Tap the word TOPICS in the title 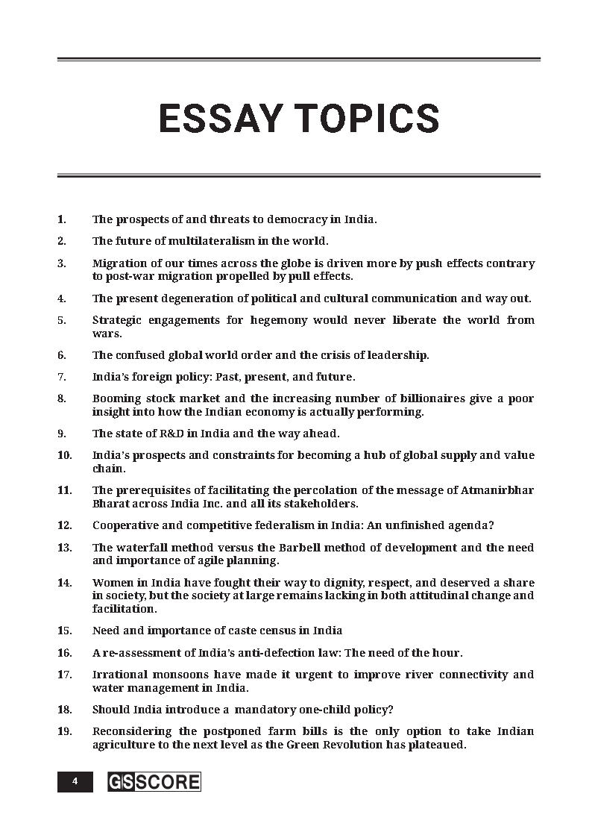coord(366,119)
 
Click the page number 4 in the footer coord(75,781)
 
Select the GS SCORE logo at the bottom coord(154,781)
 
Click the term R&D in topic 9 coord(157,434)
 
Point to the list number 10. coord(65,455)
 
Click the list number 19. coord(65,731)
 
